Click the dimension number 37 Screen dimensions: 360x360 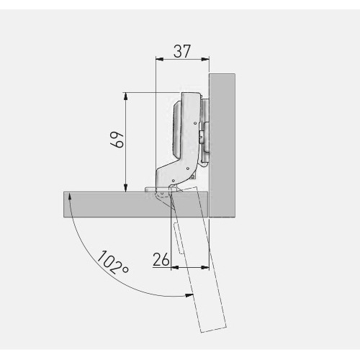(x=182, y=51)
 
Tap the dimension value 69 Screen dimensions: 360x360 (x=117, y=140)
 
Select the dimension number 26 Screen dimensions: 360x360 (x=161, y=259)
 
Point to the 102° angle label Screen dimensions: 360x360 (x=113, y=262)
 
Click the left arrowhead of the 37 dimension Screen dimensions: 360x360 (x=160, y=59)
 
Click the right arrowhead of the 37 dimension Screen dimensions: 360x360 (x=205, y=59)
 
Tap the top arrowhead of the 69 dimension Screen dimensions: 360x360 (x=125, y=96)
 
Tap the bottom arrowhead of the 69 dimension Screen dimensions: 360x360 (x=125, y=188)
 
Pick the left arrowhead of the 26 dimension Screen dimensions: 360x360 (x=175, y=267)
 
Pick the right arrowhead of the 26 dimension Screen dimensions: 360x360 (x=205, y=267)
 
